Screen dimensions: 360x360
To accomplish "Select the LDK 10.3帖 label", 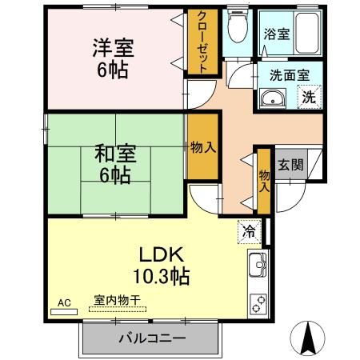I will (164, 266).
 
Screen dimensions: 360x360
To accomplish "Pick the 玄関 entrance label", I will (290, 166).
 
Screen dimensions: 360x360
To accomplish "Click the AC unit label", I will (64, 302).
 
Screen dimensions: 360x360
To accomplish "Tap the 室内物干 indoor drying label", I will (117, 300).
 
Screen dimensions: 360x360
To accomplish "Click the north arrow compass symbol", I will (307, 339).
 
